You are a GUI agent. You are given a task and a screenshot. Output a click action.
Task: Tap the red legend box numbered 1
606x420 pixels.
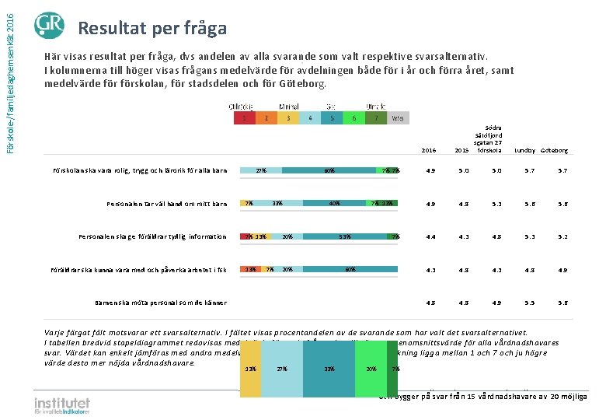[x=245, y=118]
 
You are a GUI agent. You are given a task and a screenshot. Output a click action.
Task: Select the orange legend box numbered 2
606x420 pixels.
[x=266, y=118]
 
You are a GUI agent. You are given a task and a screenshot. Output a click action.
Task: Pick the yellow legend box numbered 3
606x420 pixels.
[x=288, y=118]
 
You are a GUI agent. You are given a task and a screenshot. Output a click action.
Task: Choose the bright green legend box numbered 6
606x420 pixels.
[x=354, y=118]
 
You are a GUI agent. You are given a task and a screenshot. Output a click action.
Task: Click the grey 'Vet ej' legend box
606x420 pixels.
[x=397, y=118]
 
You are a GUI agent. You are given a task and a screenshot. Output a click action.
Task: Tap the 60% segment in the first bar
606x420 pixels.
[x=329, y=170]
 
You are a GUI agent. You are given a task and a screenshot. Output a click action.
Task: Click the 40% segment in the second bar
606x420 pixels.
[x=335, y=204]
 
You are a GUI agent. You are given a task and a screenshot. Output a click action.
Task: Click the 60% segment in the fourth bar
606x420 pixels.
[x=350, y=269]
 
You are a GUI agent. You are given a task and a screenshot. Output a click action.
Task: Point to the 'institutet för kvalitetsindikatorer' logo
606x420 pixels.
[x=62, y=405]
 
